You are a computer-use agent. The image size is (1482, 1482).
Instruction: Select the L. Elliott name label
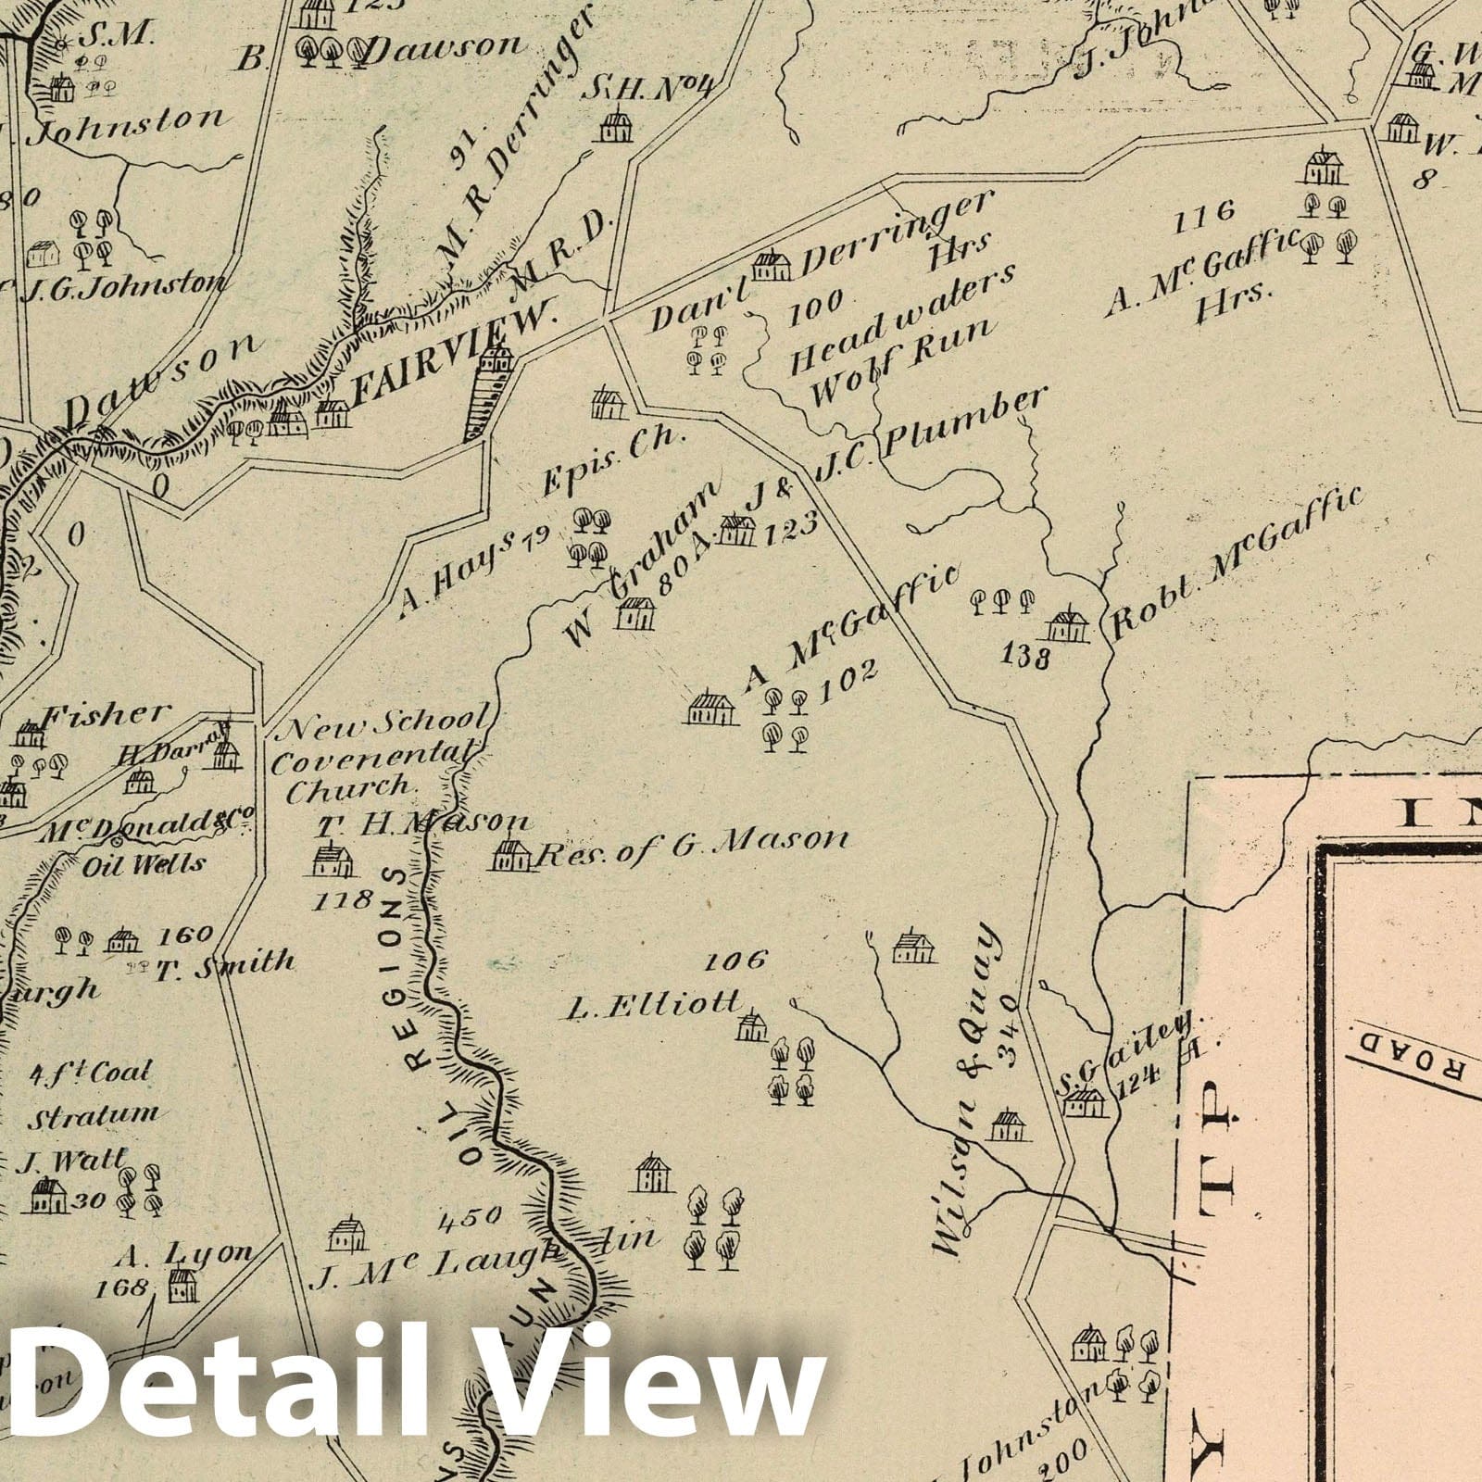pyautogui.click(x=654, y=1004)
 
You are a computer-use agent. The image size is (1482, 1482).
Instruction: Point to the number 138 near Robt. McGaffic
pyautogui.click(x=1025, y=658)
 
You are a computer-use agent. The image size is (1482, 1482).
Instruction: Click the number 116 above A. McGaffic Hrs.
pyautogui.click(x=1203, y=214)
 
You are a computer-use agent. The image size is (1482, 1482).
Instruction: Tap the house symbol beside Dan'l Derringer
pyautogui.click(x=772, y=267)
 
